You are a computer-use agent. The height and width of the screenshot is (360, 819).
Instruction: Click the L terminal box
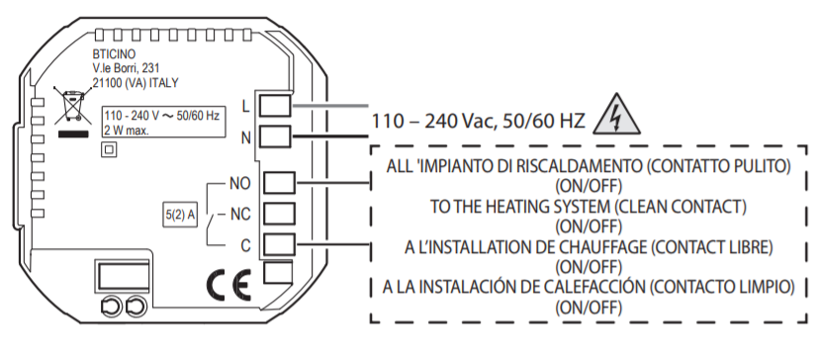coord(275,105)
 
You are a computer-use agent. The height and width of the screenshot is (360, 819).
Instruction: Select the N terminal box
coord(275,136)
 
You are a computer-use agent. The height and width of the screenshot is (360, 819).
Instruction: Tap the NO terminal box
coord(280,183)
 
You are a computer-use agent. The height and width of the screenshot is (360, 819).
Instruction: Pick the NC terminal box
coord(280,214)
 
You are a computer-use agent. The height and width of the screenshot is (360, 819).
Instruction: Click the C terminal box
coord(280,244)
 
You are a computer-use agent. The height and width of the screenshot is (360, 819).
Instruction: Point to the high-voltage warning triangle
coord(617,115)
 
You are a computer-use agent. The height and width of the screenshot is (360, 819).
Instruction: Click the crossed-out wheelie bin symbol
coord(70,107)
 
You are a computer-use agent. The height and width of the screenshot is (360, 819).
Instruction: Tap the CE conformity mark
coord(228,285)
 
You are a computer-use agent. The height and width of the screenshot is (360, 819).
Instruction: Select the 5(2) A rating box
coord(180,216)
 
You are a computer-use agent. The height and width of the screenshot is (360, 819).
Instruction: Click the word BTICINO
coord(114,54)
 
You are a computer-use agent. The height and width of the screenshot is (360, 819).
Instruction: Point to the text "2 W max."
coord(127,131)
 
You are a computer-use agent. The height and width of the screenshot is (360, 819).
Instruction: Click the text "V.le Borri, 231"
coord(126,68)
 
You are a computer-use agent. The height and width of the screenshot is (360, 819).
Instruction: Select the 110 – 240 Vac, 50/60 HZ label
coord(478,122)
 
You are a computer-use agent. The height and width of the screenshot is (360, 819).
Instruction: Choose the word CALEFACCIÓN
coord(585,287)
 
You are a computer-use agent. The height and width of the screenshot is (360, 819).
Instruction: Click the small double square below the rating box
coord(109,149)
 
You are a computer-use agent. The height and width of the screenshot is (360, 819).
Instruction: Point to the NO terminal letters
coord(239,183)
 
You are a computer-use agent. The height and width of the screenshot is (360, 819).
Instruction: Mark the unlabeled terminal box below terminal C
coord(277,273)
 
